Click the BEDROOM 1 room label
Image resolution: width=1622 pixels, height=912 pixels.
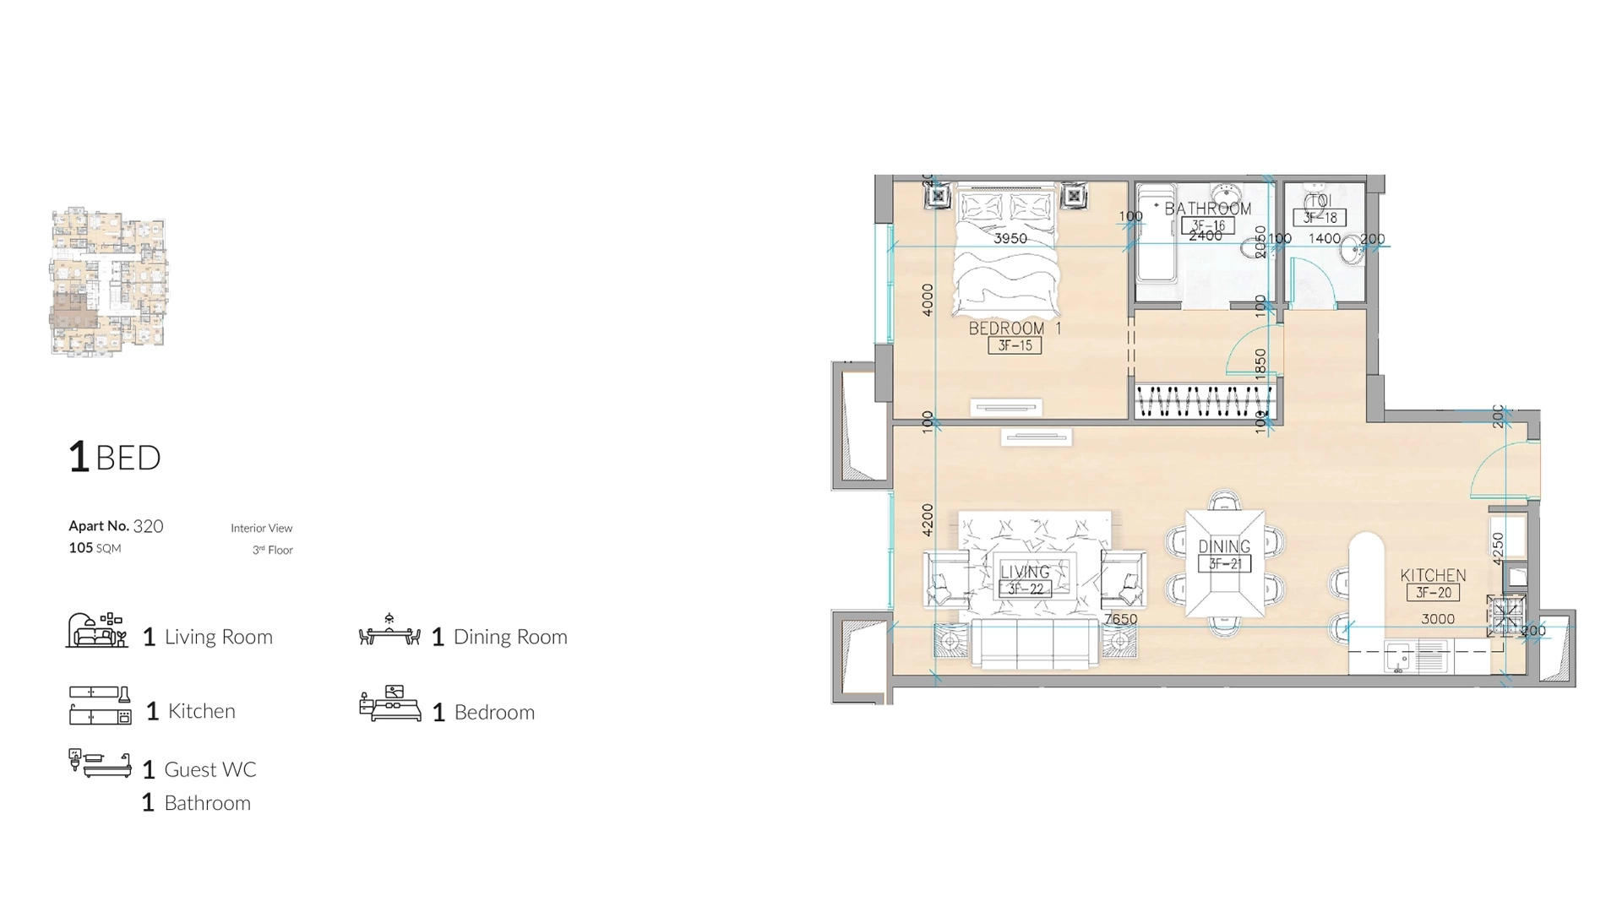click(x=1014, y=328)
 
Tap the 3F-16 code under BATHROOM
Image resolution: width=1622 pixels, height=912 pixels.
click(x=1208, y=225)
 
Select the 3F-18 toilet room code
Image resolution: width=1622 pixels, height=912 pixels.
click(x=1320, y=218)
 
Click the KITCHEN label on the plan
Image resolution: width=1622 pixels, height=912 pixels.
click(x=1433, y=575)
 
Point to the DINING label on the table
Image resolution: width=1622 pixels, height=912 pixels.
click(x=1224, y=546)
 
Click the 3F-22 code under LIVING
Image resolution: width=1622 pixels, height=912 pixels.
click(x=1025, y=589)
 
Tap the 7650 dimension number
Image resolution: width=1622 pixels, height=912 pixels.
click(x=1120, y=619)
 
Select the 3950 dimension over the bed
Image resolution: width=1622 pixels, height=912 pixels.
click(x=1010, y=238)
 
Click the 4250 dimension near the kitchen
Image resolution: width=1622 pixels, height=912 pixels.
click(x=1498, y=548)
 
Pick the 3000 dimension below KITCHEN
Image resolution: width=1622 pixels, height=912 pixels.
click(x=1437, y=619)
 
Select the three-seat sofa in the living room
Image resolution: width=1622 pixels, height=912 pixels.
click(x=1035, y=643)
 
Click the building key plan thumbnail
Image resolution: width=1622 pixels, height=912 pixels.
click(x=108, y=281)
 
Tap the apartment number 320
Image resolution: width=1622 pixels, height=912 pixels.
click(x=148, y=526)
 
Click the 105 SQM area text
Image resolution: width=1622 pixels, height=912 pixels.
click(x=95, y=548)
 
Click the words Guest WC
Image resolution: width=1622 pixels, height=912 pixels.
click(x=210, y=769)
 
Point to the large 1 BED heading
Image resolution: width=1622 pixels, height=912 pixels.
click(x=115, y=457)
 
